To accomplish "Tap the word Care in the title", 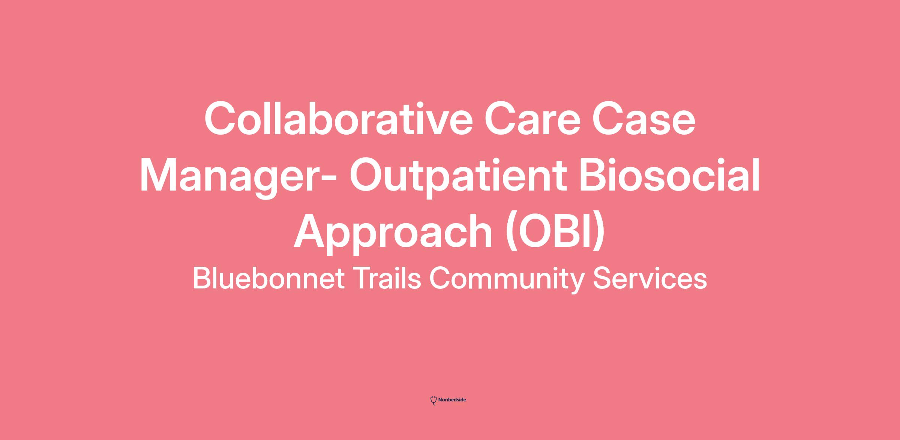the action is coord(532,119).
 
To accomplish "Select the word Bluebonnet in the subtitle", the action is coord(268,278).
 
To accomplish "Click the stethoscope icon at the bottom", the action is coord(433,401).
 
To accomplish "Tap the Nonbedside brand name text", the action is coord(452,400).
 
